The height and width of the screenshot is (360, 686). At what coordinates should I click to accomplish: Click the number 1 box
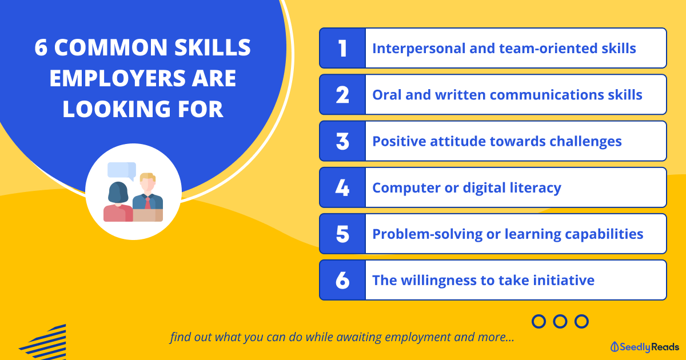click(342, 48)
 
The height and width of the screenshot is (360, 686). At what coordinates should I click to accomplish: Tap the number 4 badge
click(342, 187)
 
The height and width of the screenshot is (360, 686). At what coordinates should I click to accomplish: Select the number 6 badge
click(342, 280)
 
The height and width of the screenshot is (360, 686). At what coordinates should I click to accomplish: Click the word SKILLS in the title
click(213, 47)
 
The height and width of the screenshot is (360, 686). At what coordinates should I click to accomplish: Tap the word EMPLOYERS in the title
click(118, 78)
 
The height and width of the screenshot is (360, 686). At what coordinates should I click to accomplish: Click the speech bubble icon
click(122, 171)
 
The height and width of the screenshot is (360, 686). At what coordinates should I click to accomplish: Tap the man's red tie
click(147, 203)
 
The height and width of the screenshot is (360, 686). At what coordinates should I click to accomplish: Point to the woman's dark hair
click(118, 193)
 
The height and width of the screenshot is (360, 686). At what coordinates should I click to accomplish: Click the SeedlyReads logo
click(644, 347)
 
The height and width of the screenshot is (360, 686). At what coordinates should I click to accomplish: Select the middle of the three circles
click(560, 321)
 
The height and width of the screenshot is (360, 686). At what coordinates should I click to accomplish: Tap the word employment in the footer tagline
click(418, 337)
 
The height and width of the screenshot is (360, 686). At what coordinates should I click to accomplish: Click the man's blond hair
click(147, 177)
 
